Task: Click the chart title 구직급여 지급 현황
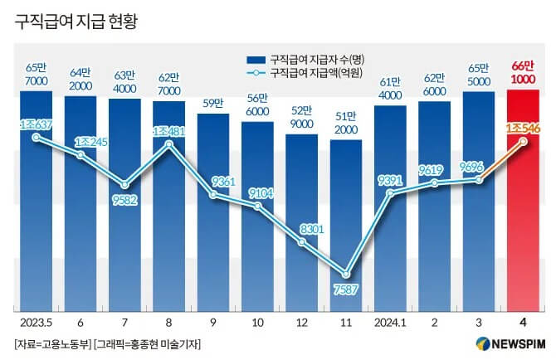[76, 22]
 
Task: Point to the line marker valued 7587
[346, 274]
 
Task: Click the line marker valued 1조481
[169, 144]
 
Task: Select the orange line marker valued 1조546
[524, 141]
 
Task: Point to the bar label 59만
[213, 104]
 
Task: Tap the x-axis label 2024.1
[389, 321]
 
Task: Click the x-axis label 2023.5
[36, 321]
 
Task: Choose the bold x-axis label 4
[524, 321]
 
